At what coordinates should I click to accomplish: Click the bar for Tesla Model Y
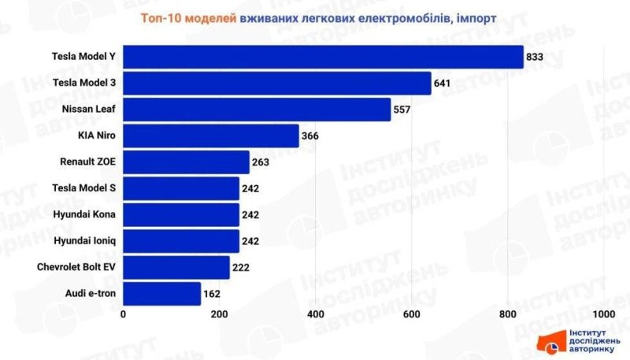point(323,57)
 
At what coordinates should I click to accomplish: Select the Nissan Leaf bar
point(257,109)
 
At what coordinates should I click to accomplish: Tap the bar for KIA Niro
point(211,135)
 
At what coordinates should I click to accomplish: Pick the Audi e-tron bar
point(162,294)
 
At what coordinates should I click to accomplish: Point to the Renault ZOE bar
point(186,162)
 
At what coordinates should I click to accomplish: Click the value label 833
point(535,57)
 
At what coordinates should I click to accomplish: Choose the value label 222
point(241,268)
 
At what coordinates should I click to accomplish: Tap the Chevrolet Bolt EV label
point(77,268)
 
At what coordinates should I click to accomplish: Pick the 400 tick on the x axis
point(316,314)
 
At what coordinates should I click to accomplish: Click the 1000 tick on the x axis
point(603,314)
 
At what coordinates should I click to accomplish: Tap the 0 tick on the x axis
point(124,314)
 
